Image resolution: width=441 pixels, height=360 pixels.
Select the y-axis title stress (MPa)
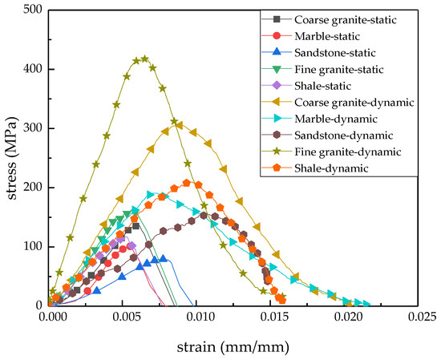(x=10, y=158)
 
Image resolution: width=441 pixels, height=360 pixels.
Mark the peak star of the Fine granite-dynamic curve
(x=144, y=59)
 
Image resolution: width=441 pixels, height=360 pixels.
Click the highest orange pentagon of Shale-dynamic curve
(x=187, y=183)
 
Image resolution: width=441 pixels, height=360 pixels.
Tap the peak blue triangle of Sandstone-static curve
(x=164, y=259)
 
